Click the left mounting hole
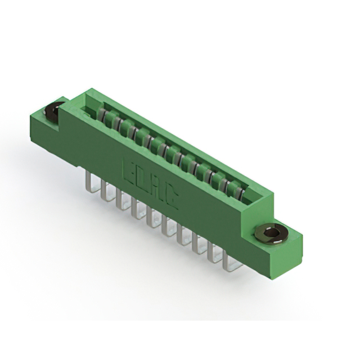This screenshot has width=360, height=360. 53,111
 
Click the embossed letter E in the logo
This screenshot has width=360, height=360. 130,172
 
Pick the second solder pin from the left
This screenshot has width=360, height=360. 106,190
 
